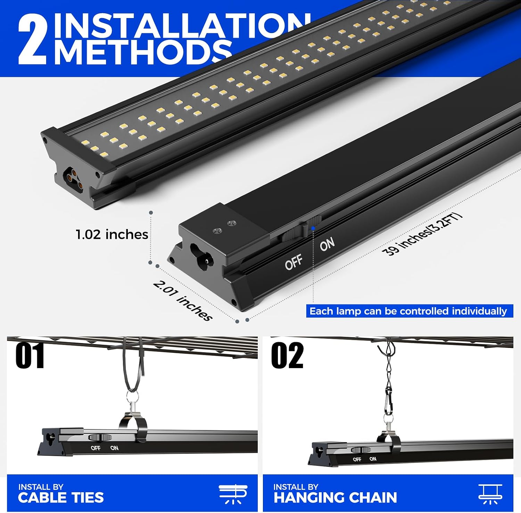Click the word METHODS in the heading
pos(143,52)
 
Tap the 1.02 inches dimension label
pos(112,235)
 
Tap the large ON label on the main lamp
pos(327,244)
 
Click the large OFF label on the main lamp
pos(294,262)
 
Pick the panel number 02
pos(287,356)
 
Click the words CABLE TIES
pos(61,497)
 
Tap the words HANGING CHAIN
pos(335,497)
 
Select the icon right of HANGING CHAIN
pos(490,494)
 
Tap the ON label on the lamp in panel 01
pos(114,448)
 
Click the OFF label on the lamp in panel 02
pos(357,459)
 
